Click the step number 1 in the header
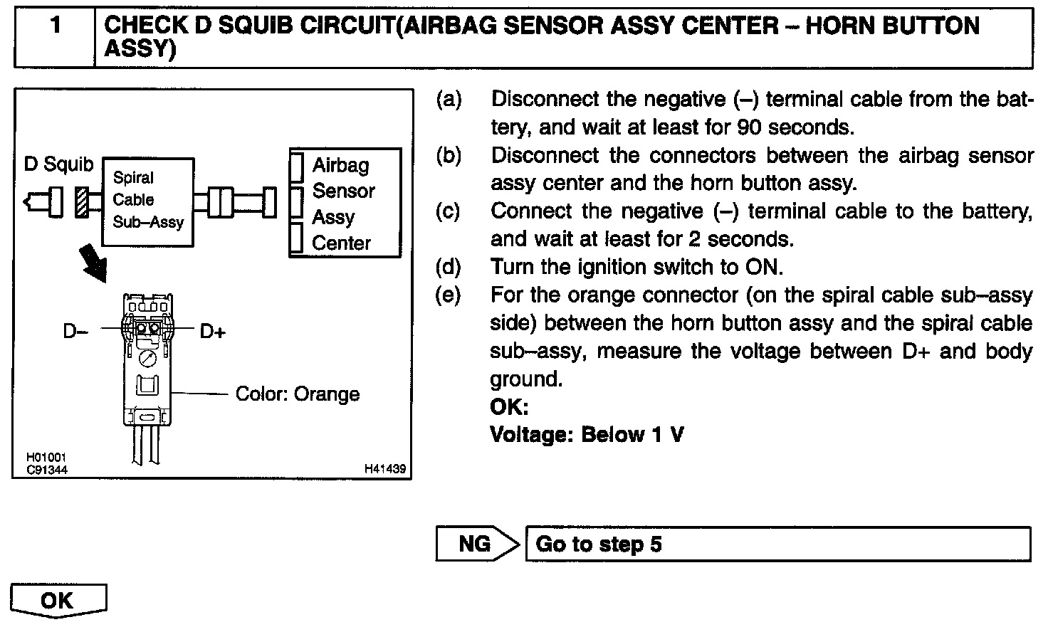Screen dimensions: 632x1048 tap(55, 26)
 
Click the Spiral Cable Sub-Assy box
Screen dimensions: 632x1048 tap(148, 201)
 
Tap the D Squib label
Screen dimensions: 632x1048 tap(58, 164)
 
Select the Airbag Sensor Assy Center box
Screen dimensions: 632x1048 tap(345, 203)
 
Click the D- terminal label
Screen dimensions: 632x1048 tap(75, 331)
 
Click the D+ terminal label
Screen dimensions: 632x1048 tap(212, 331)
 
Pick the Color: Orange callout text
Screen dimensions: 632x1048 tap(297, 394)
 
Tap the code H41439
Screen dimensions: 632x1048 tap(384, 469)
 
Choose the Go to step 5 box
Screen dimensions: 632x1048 tap(777, 544)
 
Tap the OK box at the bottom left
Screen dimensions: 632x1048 tap(58, 600)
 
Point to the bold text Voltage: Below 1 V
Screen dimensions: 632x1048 tap(587, 434)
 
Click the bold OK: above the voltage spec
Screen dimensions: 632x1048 tap(509, 407)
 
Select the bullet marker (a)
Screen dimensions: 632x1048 tap(449, 99)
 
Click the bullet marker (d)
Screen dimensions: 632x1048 tap(449, 267)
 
